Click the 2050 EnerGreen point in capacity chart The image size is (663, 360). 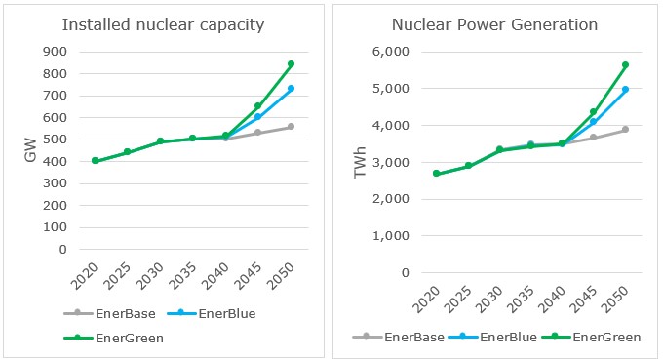click(x=291, y=64)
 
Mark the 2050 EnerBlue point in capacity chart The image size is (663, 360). click(x=291, y=89)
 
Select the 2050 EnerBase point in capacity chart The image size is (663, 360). click(x=291, y=127)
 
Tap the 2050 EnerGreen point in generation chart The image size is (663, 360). click(x=625, y=65)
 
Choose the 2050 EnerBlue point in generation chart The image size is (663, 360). click(x=625, y=90)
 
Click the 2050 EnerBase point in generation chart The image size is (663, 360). click(x=625, y=130)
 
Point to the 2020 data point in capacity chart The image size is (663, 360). click(x=95, y=161)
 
